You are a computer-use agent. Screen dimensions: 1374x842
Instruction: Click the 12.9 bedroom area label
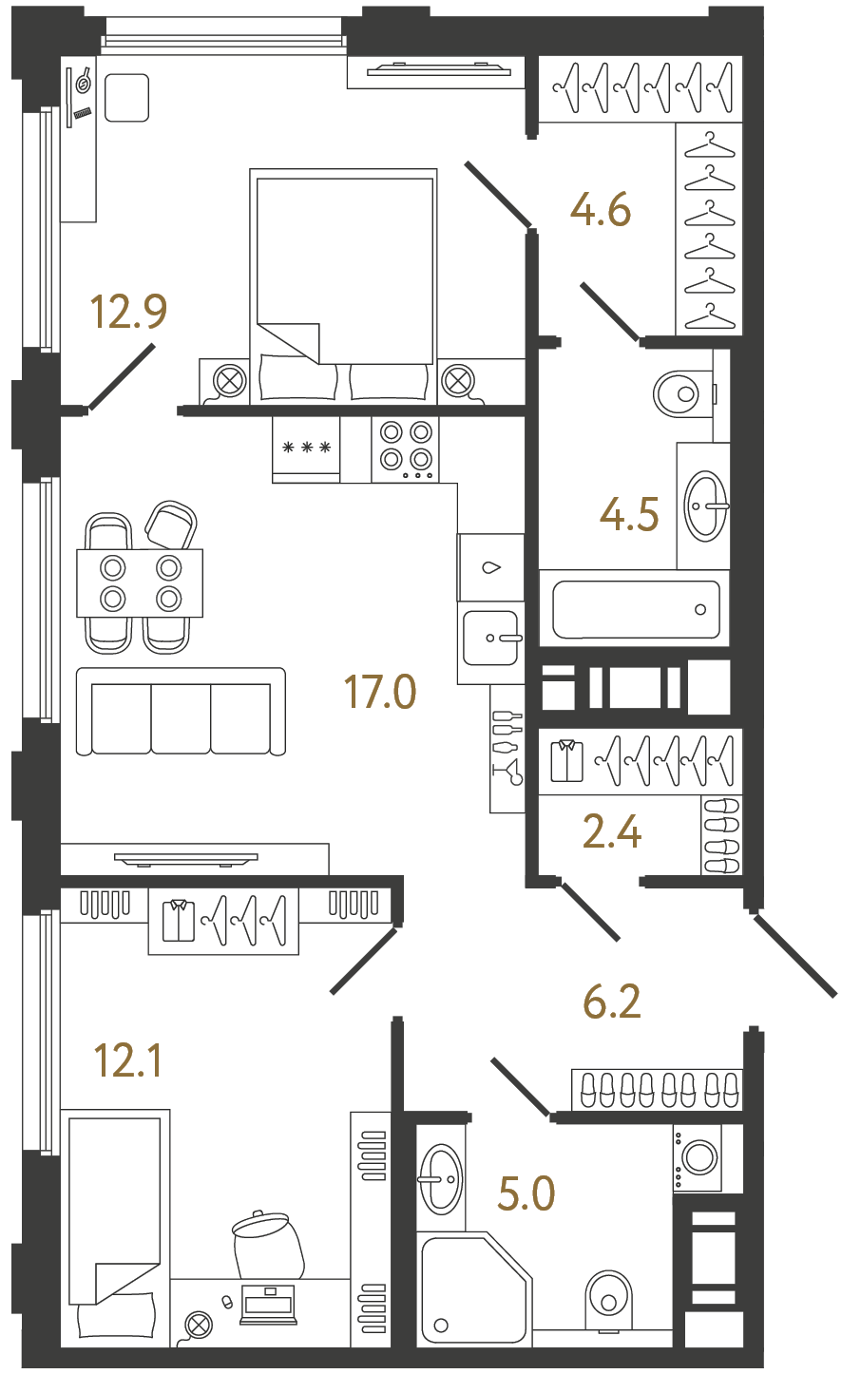[128, 311]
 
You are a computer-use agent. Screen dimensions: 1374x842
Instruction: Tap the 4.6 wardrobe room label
[601, 210]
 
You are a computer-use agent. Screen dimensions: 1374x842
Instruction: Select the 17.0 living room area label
[380, 692]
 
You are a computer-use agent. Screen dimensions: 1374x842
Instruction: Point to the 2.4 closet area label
[611, 832]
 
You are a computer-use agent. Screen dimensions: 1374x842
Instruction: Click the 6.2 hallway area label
[612, 1002]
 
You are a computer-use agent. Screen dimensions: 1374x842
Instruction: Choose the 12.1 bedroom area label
[128, 1060]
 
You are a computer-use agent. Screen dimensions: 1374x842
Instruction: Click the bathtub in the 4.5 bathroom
[635, 609]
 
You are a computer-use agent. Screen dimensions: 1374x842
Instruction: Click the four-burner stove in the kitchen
[406, 448]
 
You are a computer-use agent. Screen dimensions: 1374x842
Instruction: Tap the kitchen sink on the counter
[490, 638]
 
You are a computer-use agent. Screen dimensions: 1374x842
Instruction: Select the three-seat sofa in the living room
[181, 713]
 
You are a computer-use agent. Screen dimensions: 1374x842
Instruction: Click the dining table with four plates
[141, 582]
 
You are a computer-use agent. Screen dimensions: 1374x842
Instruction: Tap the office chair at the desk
[267, 1245]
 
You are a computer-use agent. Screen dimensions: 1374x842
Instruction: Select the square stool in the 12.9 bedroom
[126, 98]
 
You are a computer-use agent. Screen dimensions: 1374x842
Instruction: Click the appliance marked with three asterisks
[306, 448]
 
